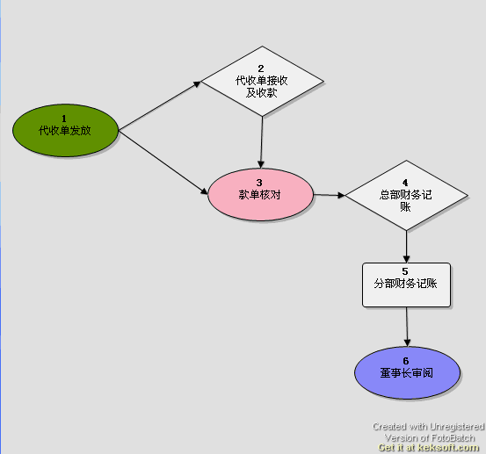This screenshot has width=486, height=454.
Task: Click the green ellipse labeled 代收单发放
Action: [x=65, y=130]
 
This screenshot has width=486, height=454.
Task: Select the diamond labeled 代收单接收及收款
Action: [x=262, y=82]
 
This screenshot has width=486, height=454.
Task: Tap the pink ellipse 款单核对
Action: [x=261, y=194]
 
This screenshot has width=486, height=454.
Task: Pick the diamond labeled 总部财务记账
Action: [x=406, y=196]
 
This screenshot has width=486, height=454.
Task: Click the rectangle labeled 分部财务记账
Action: [x=406, y=285]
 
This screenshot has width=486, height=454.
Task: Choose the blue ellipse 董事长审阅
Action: [x=407, y=372]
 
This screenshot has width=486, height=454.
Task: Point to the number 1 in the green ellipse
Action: [x=64, y=119]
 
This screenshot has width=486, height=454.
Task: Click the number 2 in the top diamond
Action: [x=261, y=68]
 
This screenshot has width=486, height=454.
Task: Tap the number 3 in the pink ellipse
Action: [x=259, y=183]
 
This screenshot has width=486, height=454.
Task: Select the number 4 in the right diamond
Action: [x=405, y=183]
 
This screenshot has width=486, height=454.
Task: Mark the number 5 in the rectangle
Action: [x=405, y=271]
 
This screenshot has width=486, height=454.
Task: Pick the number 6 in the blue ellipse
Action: [x=406, y=361]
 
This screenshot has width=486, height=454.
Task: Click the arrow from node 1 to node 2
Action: [x=160, y=106]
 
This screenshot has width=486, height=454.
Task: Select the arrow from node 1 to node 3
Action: [x=163, y=162]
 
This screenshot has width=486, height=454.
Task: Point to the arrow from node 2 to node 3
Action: [x=262, y=142]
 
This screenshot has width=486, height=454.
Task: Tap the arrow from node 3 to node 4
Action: [x=330, y=195]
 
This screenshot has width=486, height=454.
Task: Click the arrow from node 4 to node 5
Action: [x=406, y=247]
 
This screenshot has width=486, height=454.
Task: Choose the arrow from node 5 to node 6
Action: [x=407, y=327]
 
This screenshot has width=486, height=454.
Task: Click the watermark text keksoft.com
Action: [x=448, y=448]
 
